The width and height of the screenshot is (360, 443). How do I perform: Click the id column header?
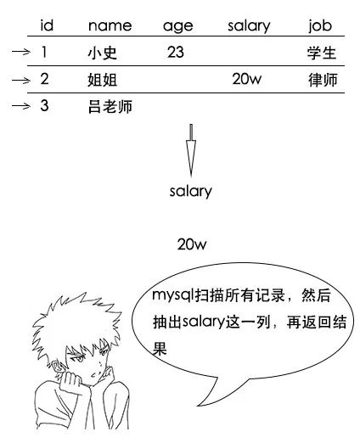47,25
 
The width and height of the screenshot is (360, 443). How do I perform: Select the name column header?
110,26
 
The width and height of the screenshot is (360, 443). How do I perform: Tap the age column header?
178,27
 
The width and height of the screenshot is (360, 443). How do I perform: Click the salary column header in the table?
249,26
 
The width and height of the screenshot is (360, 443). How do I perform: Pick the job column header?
320,26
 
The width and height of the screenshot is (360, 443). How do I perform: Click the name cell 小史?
102,53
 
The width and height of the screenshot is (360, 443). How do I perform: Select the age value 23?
176,52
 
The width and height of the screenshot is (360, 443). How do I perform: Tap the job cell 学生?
322,53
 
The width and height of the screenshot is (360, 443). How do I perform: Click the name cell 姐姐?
102,80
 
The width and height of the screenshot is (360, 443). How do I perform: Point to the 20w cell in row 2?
247,79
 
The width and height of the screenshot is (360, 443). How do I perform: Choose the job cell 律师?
323,80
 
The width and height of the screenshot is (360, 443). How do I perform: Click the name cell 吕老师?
110,107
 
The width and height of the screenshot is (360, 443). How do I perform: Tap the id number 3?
44,105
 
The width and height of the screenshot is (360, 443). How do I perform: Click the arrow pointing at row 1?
21,52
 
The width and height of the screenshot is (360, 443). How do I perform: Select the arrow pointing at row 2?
21,81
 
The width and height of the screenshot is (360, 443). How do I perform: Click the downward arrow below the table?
191,150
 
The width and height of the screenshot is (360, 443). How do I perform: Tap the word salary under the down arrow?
190,192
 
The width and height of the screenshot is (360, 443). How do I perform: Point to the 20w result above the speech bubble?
192,244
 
